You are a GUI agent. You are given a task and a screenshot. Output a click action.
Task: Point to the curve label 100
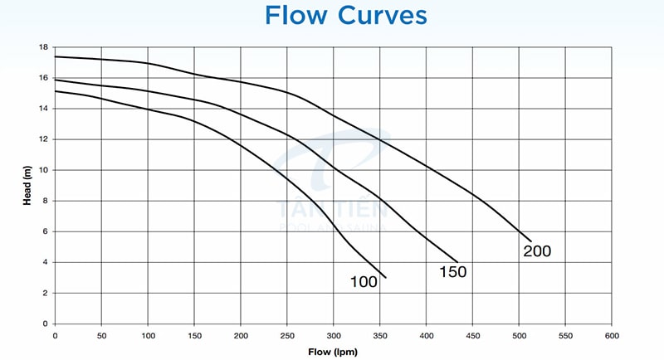[x=364, y=282]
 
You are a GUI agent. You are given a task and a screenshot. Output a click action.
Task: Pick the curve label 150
[x=453, y=271]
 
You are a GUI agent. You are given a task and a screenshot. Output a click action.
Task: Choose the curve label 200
[x=537, y=251]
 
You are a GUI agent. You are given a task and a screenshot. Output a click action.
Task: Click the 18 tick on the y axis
[x=43, y=47]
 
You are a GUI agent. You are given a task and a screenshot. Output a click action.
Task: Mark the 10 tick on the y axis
[x=43, y=170]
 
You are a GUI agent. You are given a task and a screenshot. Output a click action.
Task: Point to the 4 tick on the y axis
[x=45, y=262]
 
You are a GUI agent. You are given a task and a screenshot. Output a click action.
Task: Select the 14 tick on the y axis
[x=43, y=109]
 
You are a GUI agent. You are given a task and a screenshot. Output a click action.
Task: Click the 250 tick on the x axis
[x=287, y=335]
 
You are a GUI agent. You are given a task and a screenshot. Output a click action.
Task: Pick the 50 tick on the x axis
[x=101, y=335]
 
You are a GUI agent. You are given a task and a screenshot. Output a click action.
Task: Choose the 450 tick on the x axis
[x=473, y=335]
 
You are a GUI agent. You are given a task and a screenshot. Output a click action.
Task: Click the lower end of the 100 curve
[x=386, y=277]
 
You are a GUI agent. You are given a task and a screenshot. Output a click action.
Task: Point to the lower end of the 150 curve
[x=457, y=261]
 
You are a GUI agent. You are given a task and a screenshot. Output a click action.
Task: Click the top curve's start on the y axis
[x=55, y=56]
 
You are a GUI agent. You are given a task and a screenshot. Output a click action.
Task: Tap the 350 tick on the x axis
[x=380, y=335]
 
